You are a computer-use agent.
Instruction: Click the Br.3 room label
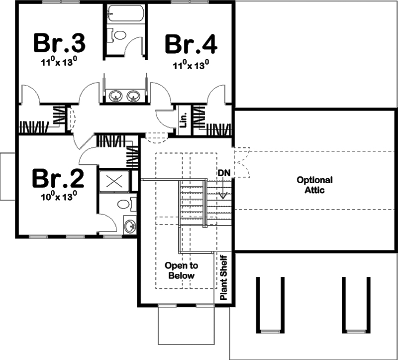[59, 43]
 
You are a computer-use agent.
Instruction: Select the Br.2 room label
[58, 178]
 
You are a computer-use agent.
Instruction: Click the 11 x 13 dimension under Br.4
[191, 64]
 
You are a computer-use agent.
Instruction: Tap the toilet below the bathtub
[118, 35]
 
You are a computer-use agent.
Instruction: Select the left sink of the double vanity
[116, 95]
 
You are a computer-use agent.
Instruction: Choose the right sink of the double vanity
[133, 95]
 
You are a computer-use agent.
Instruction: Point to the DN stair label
[223, 172]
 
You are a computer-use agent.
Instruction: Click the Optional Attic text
[314, 185]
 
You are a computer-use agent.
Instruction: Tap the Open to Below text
[181, 270]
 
